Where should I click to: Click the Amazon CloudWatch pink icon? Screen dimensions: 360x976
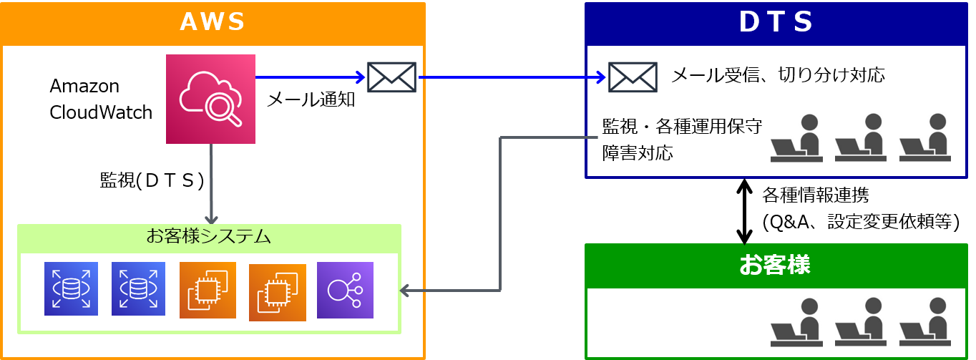(x=210, y=99)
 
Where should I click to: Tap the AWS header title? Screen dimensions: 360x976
(x=213, y=22)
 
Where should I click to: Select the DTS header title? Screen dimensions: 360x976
(x=776, y=22)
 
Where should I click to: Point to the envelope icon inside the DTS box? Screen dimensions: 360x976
(x=633, y=77)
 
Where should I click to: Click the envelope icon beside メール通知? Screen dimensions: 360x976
(x=391, y=77)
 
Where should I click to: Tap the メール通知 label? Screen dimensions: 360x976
(x=311, y=99)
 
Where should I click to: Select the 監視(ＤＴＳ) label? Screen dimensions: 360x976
(x=152, y=180)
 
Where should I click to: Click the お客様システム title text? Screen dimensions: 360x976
(x=208, y=236)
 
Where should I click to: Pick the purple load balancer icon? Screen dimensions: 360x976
(x=345, y=290)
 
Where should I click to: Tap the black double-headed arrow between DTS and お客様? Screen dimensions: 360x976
(x=745, y=211)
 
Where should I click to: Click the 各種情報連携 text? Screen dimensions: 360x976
(x=816, y=194)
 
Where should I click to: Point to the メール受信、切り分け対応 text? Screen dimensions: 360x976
(x=778, y=74)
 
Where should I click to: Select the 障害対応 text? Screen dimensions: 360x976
(x=638, y=153)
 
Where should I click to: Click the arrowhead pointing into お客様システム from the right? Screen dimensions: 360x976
(x=404, y=290)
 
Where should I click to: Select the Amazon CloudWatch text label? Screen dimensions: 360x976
(x=101, y=99)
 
